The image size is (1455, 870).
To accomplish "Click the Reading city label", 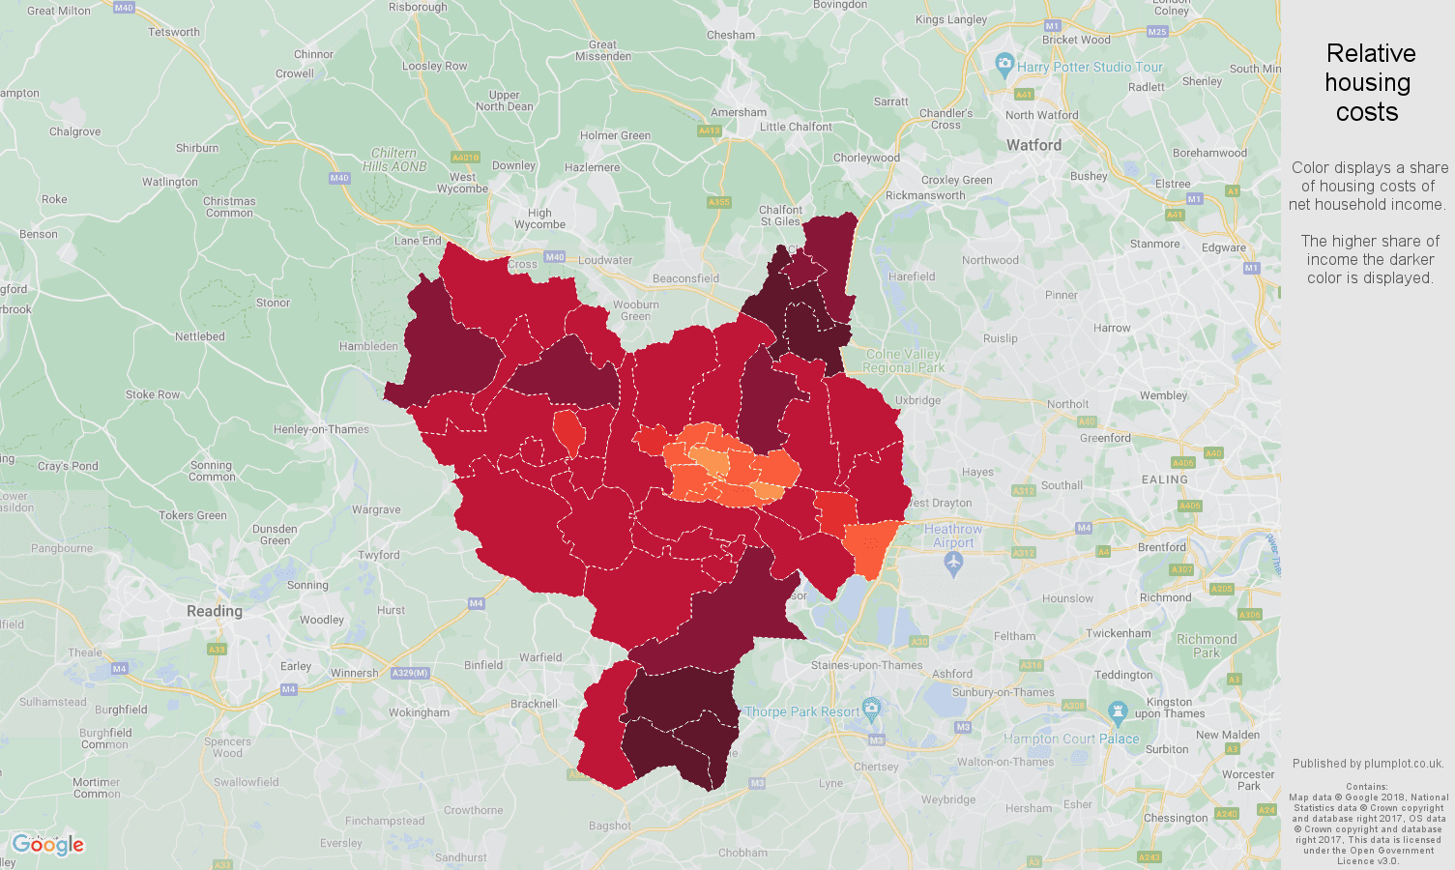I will (x=215, y=611).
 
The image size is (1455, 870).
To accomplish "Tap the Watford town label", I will (x=1033, y=145).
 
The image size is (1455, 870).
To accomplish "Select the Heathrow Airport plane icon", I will (x=953, y=565).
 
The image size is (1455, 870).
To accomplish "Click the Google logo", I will (x=48, y=845).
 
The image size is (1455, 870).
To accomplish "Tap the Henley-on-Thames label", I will (x=321, y=429).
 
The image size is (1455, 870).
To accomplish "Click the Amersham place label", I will (x=739, y=112).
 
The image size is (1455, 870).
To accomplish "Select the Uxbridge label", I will (x=917, y=400).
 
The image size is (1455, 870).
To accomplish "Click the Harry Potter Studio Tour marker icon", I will (x=1004, y=66).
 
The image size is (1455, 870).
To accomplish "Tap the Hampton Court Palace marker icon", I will (x=1119, y=713).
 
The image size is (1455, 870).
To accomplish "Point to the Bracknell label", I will (x=534, y=704).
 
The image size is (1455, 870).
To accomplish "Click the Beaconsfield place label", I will (x=685, y=278).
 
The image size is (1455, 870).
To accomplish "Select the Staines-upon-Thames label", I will (x=867, y=665).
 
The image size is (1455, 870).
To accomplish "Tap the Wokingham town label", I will (x=419, y=712).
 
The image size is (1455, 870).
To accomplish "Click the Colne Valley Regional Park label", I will (x=903, y=361).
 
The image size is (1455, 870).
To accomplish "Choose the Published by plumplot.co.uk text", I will (x=1368, y=764).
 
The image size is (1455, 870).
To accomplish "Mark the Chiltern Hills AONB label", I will (x=394, y=159).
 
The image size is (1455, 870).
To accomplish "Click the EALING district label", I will (x=1164, y=479).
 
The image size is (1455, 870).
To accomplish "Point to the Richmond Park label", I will (x=1207, y=646).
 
